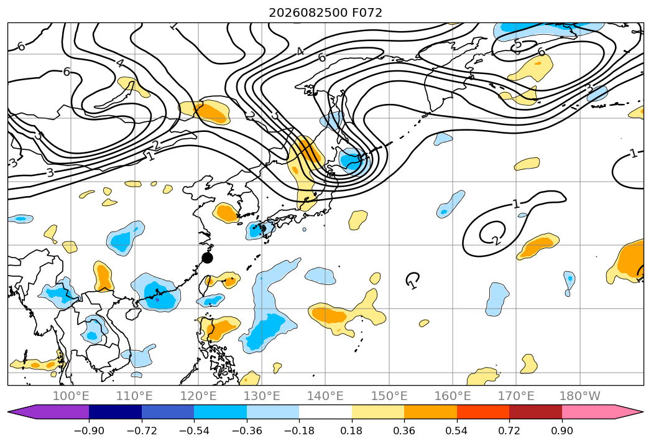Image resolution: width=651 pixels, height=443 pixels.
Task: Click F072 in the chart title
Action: click(367, 13)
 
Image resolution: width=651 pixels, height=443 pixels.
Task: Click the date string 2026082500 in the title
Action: click(308, 13)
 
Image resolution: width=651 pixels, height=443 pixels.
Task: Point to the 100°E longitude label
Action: click(71, 396)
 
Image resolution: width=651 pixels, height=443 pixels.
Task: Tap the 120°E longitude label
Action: click(198, 396)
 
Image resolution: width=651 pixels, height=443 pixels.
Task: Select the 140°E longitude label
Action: click(325, 396)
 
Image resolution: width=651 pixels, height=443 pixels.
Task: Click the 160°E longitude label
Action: click(453, 396)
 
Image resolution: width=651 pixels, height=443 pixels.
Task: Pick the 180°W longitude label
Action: click(579, 396)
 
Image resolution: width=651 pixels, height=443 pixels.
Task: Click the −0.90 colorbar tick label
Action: click(89, 431)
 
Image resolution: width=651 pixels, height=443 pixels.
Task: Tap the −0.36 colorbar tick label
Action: click(247, 431)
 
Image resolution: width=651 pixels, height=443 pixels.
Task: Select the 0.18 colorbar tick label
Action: click(352, 431)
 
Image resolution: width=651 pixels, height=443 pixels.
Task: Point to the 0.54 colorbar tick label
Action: click(457, 431)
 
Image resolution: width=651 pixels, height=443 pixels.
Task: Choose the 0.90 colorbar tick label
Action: click(561, 431)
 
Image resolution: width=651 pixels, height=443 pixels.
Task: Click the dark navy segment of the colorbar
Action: click(116, 412)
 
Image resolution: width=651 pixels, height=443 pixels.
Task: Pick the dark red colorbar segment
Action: click(535, 412)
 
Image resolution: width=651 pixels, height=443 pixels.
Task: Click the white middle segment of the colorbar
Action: click(326, 412)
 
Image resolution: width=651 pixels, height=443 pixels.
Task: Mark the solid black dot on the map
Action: click(207, 258)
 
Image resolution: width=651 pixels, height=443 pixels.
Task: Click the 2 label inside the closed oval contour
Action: click(495, 240)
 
